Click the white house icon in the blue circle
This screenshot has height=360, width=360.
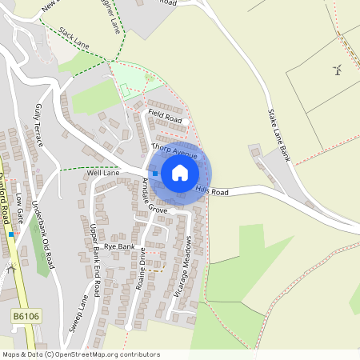pos(180,173)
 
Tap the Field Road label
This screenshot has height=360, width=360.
pos(165,118)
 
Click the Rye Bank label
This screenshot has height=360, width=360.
pos(119,247)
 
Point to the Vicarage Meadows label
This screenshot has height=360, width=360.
pos(183,267)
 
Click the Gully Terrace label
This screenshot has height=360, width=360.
pos(39,124)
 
